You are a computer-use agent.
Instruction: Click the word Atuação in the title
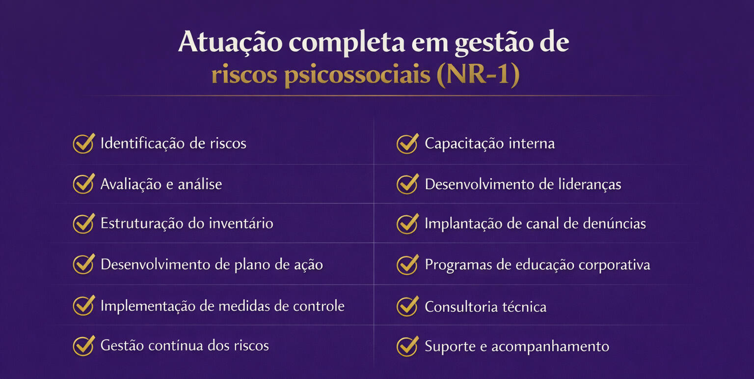(x=230, y=43)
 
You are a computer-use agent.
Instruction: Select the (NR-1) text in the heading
(x=478, y=74)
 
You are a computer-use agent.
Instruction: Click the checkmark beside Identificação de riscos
(x=84, y=144)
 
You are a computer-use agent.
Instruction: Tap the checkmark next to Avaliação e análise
(x=84, y=184)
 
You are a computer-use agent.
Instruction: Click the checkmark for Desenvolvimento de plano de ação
(x=84, y=264)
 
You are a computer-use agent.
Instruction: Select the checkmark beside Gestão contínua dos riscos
(x=84, y=346)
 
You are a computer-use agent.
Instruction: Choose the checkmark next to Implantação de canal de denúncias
(x=407, y=224)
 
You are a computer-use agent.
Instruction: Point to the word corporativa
(x=614, y=265)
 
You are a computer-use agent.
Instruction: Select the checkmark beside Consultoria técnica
(x=407, y=306)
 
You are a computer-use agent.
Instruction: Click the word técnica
(x=524, y=307)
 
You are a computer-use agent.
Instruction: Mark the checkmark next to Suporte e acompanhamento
(x=407, y=346)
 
